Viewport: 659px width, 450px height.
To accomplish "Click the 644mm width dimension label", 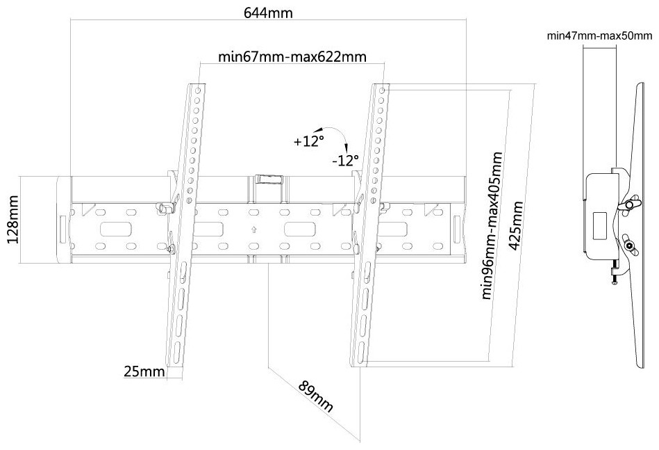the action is coord(268,13).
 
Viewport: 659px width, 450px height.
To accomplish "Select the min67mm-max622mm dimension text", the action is coord(292,56).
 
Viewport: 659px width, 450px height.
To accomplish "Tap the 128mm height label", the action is coord(13,219).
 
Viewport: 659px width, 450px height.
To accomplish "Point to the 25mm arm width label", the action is coord(144,371).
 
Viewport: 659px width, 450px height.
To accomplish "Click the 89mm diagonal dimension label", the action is coord(316,396).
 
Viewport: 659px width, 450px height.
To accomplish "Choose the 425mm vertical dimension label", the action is coord(517,225).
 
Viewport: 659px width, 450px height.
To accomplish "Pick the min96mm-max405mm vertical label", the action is coord(492,226).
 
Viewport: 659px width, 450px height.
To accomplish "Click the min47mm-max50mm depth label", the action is coord(599,35).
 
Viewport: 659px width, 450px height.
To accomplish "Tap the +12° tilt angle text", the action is coord(309,141).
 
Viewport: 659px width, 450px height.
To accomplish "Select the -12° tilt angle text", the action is coord(345,161).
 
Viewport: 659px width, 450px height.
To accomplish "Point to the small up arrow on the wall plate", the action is coord(253,230).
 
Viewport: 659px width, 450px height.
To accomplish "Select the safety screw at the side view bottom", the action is coord(615,273).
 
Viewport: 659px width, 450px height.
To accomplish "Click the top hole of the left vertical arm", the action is coord(198,90).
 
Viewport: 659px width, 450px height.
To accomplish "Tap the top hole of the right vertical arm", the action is coord(382,90).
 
